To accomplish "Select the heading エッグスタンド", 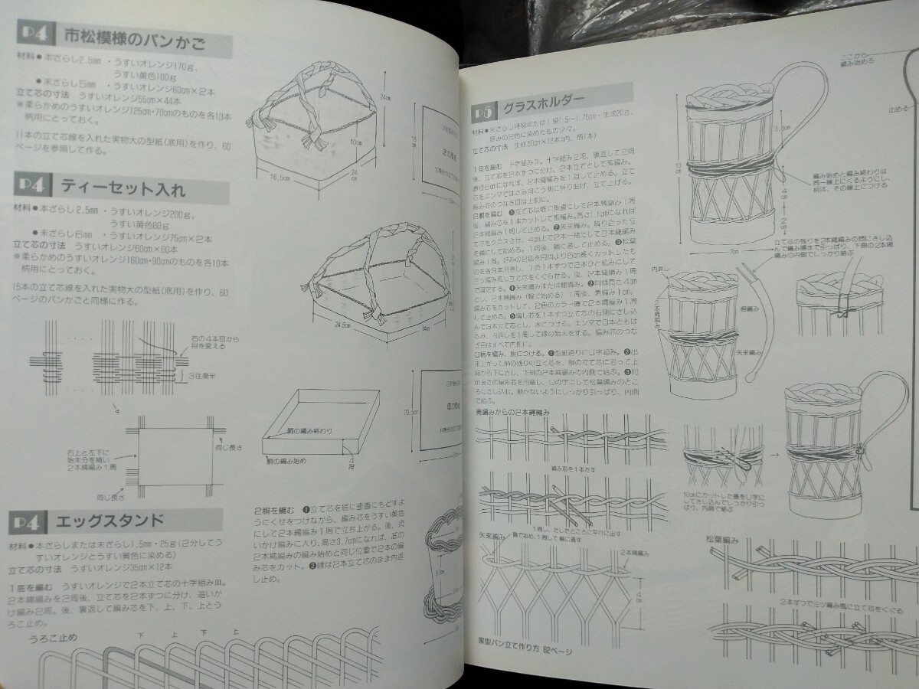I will click(x=110, y=522).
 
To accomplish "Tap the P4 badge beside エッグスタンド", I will click(x=28, y=524).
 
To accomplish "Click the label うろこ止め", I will click(x=54, y=638).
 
